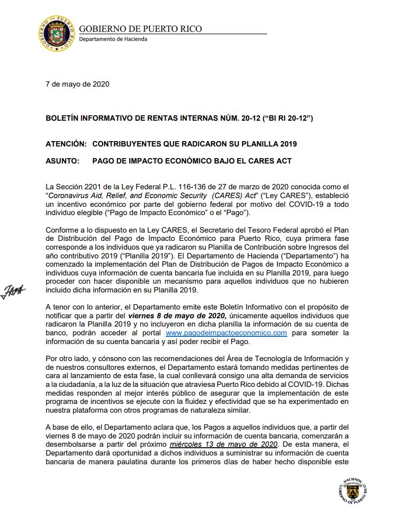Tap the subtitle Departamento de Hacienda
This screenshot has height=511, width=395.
click(x=113, y=39)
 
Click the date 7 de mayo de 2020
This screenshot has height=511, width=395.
click(x=77, y=84)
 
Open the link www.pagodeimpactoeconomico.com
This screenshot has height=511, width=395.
click(x=226, y=333)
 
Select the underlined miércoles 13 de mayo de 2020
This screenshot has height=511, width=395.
click(x=223, y=444)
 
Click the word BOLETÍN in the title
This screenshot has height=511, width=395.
click(x=62, y=118)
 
